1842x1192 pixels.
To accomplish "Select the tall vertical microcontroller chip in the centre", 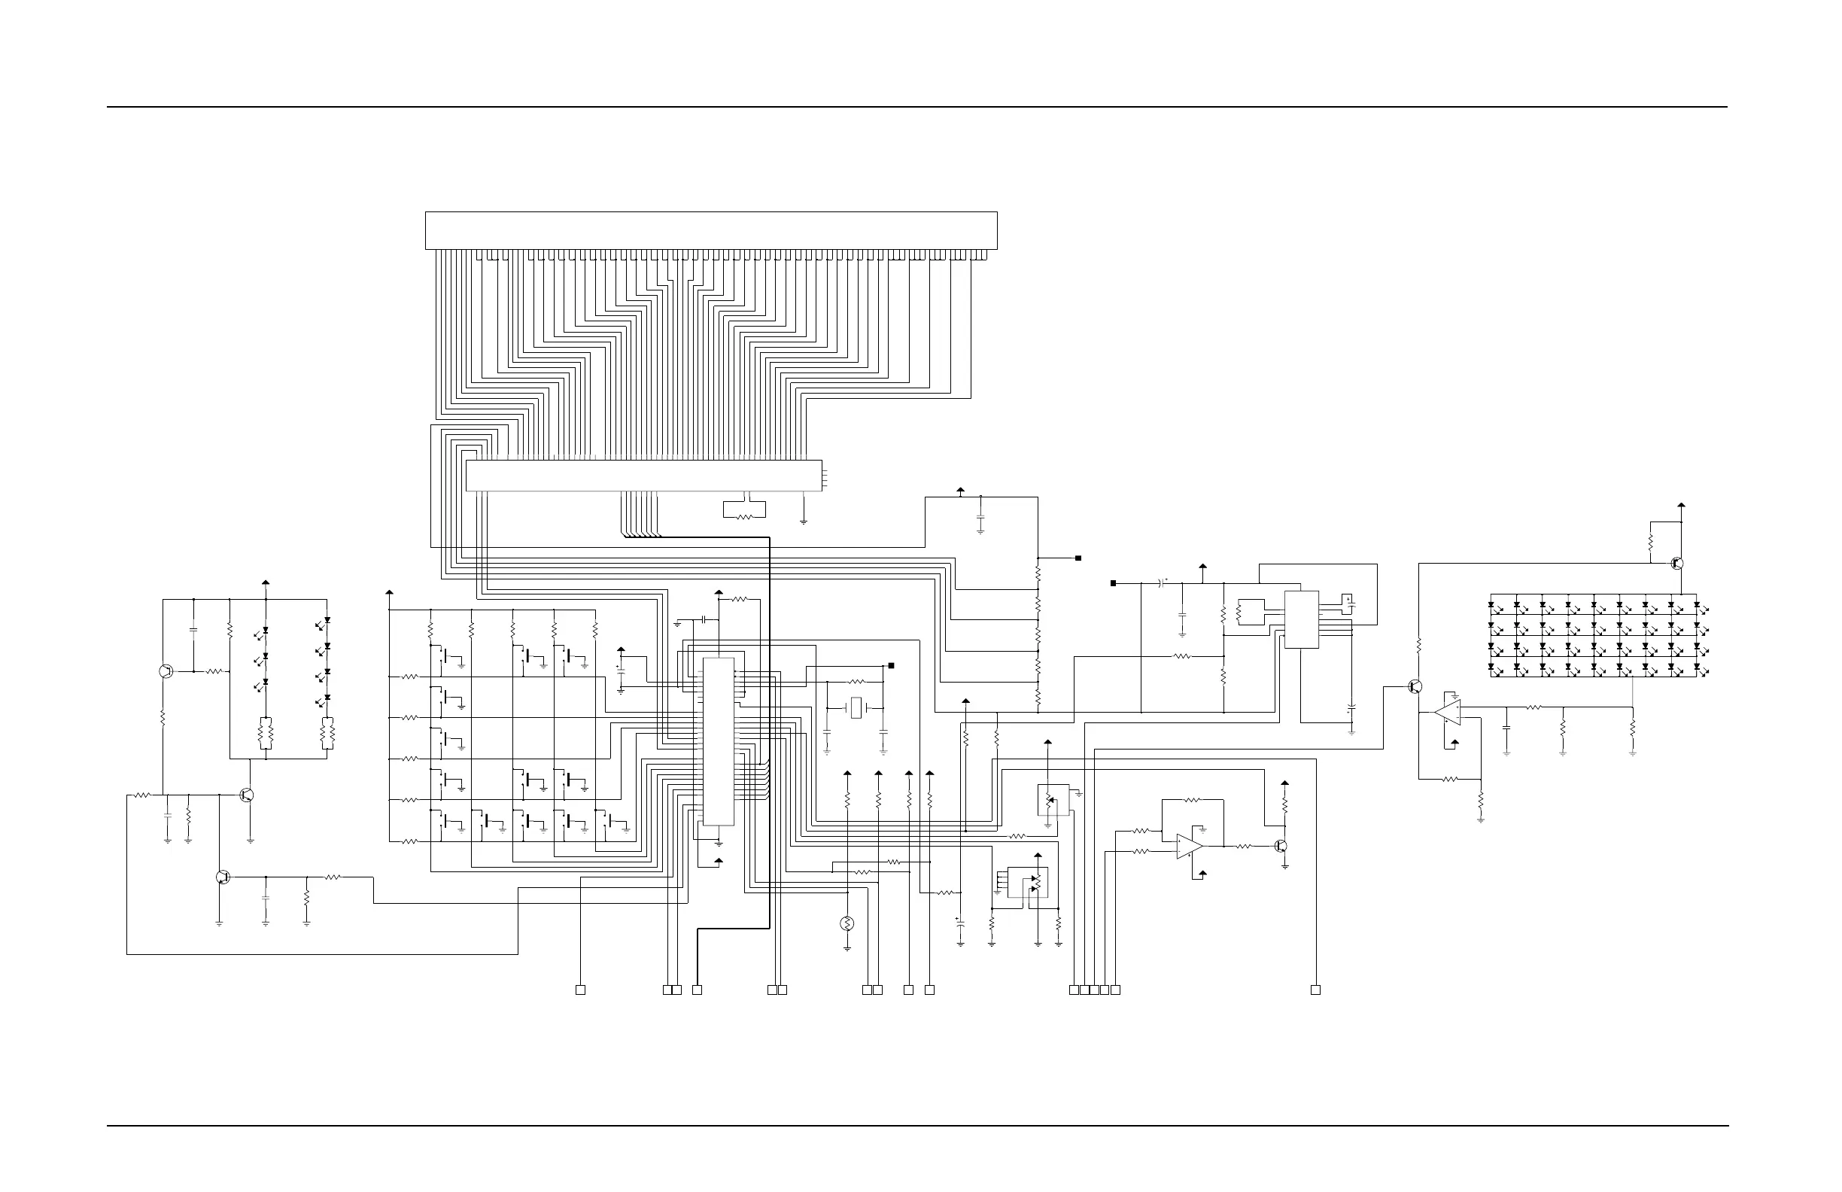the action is point(719,741).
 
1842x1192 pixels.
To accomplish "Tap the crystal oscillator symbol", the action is point(856,707).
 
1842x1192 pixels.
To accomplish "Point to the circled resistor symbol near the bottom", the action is point(847,923).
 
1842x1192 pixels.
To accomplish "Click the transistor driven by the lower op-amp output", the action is point(1281,846).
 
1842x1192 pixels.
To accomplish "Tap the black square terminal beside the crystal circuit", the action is point(892,666).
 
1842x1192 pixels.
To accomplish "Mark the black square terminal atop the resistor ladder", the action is point(1078,558).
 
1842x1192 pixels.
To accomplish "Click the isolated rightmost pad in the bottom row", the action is point(1315,990).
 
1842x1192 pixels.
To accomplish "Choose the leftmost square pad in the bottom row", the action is point(580,990).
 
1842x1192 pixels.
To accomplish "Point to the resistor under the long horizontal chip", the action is point(744,516).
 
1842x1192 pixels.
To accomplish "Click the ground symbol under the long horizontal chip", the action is point(804,521).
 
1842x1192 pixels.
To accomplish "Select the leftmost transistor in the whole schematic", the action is point(166,671).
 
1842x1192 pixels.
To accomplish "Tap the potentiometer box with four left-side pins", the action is point(1027,883).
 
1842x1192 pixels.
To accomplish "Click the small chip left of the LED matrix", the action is point(1301,619).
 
